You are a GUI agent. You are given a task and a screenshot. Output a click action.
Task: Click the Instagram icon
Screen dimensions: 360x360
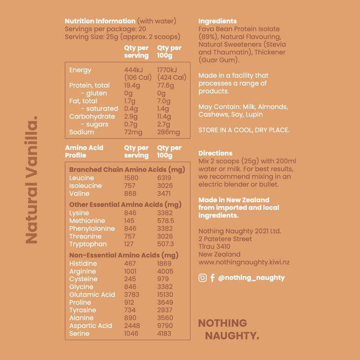203,278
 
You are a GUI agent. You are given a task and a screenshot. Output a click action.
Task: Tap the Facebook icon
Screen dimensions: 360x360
212,278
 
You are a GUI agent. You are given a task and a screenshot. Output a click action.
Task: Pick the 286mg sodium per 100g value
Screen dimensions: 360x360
169,132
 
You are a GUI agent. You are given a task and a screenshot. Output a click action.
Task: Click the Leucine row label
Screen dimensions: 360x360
82,178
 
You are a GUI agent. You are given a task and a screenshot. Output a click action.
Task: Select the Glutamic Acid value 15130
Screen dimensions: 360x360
168,295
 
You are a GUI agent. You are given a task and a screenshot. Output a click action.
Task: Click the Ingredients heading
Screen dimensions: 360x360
217,21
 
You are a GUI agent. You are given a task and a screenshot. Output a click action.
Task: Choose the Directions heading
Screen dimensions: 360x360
215,153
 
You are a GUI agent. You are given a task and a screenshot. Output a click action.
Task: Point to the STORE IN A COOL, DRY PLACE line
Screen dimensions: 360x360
244,130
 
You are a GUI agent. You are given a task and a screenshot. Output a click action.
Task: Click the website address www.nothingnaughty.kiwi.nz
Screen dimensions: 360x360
244,262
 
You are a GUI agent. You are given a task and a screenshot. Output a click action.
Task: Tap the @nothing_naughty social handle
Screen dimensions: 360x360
251,278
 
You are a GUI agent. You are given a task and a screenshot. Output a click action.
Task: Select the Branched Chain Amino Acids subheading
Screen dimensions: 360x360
127,169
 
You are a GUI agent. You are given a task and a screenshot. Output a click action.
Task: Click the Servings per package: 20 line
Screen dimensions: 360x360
105,29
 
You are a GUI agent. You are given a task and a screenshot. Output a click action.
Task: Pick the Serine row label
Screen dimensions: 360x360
79,334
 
